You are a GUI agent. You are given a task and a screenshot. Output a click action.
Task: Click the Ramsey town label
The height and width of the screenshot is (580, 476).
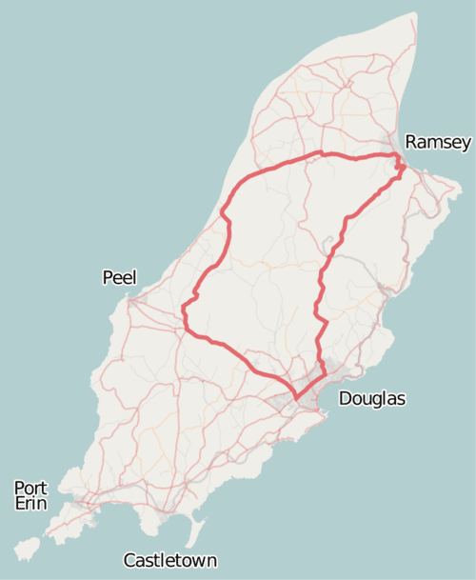[438, 143]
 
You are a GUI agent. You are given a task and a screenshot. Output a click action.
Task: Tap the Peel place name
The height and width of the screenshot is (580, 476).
[119, 278]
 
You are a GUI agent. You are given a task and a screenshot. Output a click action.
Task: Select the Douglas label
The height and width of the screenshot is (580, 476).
[371, 399]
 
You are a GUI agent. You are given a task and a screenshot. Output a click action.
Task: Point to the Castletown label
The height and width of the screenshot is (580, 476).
[170, 561]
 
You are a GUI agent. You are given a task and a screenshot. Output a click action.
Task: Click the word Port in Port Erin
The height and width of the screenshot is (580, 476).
[30, 489]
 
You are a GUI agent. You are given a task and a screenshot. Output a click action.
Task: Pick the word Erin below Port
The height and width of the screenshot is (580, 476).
[30, 503]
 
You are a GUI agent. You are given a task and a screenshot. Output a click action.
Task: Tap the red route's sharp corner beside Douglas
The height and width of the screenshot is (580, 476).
[296, 396]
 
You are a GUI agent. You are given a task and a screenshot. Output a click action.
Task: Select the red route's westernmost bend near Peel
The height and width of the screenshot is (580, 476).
[184, 307]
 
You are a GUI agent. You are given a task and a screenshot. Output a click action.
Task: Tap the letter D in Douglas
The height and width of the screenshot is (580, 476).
[345, 399]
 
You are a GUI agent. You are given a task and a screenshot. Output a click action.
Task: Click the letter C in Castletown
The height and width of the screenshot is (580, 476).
[130, 561]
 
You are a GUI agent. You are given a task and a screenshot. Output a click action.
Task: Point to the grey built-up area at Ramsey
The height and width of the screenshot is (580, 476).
[395, 152]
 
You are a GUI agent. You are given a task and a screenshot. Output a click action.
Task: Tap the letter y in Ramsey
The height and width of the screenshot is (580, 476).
[466, 145]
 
